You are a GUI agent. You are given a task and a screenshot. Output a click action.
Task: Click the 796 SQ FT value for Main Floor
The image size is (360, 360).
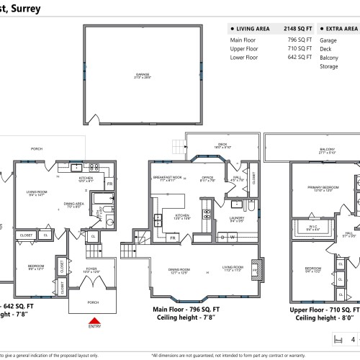pos(300,40)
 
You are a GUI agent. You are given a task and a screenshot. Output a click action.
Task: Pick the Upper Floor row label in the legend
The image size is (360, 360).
pos(243,49)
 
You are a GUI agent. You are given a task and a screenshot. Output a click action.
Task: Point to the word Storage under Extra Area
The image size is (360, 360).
pos(329,66)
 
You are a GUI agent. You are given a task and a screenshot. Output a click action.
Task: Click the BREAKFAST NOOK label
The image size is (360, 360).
pos(166,176)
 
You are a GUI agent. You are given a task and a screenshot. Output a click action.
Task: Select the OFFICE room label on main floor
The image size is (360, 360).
pos(208,176)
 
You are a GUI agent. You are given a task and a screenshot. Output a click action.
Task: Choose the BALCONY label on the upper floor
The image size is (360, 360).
pos(328,150)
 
